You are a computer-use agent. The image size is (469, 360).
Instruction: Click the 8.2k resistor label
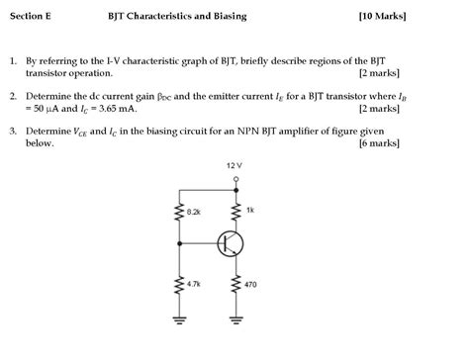pos(194,213)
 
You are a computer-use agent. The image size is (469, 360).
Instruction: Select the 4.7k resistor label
pos(194,284)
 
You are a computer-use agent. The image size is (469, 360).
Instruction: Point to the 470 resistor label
pos(250,284)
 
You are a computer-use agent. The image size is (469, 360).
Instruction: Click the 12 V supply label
pos(235,166)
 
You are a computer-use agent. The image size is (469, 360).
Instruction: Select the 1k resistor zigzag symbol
pos(236,212)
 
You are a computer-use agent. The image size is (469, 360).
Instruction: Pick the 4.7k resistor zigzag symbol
pos(180,284)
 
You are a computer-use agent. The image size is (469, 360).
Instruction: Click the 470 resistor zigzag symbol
pos(236,284)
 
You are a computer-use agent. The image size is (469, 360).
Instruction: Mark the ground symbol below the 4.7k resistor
pos(180,319)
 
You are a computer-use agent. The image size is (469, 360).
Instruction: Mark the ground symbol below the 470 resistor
pos(236,319)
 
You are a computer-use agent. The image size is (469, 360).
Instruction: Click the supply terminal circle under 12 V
pos(236,178)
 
